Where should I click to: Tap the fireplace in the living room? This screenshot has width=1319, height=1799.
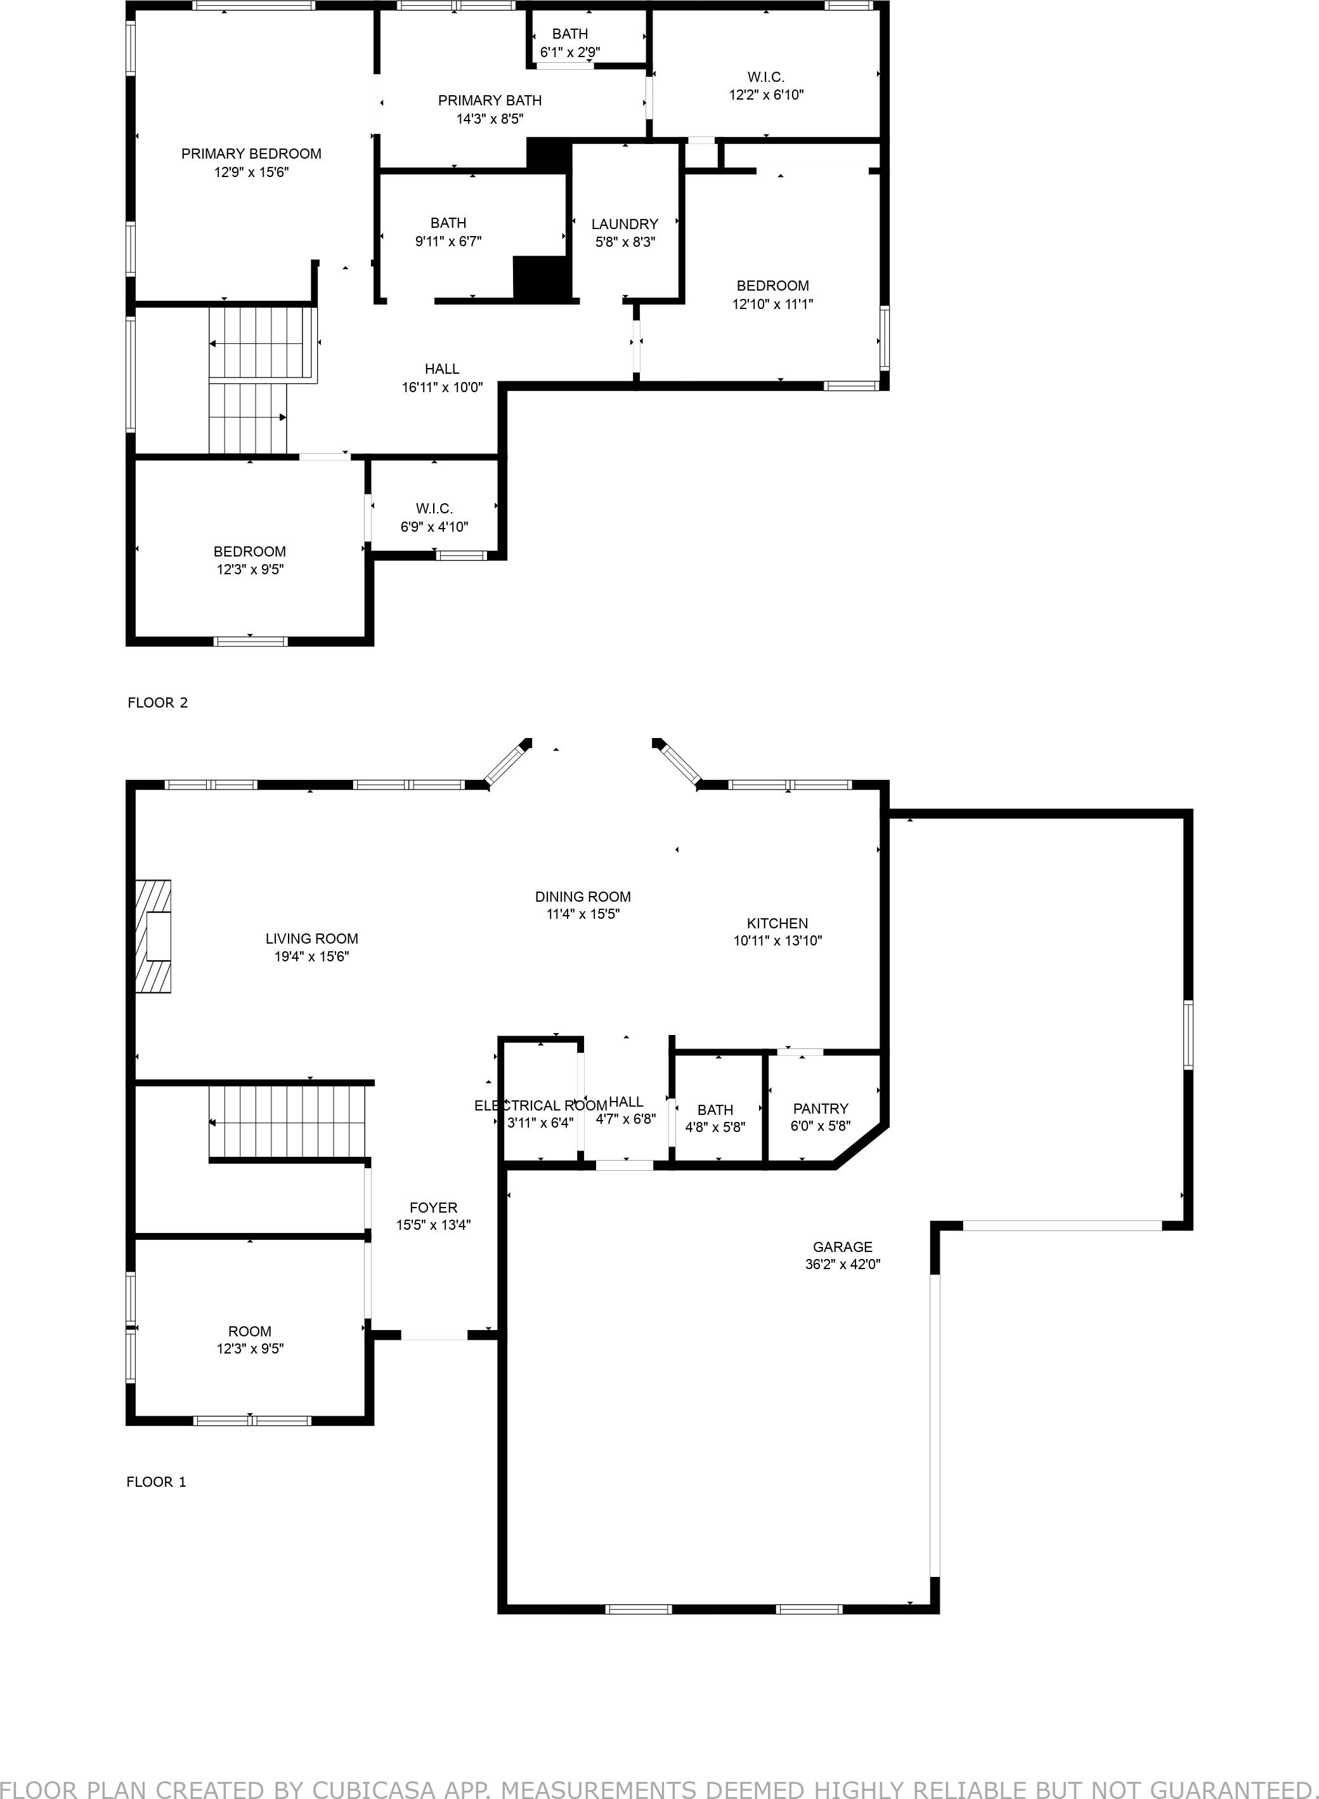pyautogui.click(x=153, y=936)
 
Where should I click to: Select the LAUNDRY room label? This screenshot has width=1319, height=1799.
pyautogui.click(x=625, y=225)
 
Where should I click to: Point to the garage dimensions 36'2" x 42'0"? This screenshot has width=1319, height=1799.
pyautogui.click(x=842, y=1264)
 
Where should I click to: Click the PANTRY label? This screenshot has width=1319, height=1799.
pyautogui.click(x=820, y=1108)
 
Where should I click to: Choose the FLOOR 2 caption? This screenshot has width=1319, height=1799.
pyautogui.click(x=157, y=702)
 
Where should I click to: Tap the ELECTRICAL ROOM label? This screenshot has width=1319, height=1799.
pyautogui.click(x=540, y=1105)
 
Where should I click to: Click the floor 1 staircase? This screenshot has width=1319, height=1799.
pyautogui.click(x=287, y=1121)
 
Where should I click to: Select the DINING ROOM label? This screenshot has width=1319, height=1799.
pyautogui.click(x=583, y=896)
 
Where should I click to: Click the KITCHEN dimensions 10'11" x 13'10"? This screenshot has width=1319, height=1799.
pyautogui.click(x=777, y=941)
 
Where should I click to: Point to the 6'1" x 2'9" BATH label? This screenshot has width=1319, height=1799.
pyautogui.click(x=570, y=34)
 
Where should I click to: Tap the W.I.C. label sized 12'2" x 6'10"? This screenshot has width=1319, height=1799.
pyautogui.click(x=765, y=77)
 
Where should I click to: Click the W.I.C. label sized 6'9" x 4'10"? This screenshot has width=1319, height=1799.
pyautogui.click(x=434, y=509)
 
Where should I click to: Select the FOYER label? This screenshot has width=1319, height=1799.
pyautogui.click(x=434, y=1208)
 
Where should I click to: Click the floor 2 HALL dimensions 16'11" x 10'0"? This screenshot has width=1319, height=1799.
pyautogui.click(x=443, y=388)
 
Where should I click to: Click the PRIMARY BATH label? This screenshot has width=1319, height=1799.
pyautogui.click(x=490, y=101)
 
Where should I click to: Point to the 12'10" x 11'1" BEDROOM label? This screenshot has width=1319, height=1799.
pyautogui.click(x=772, y=286)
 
